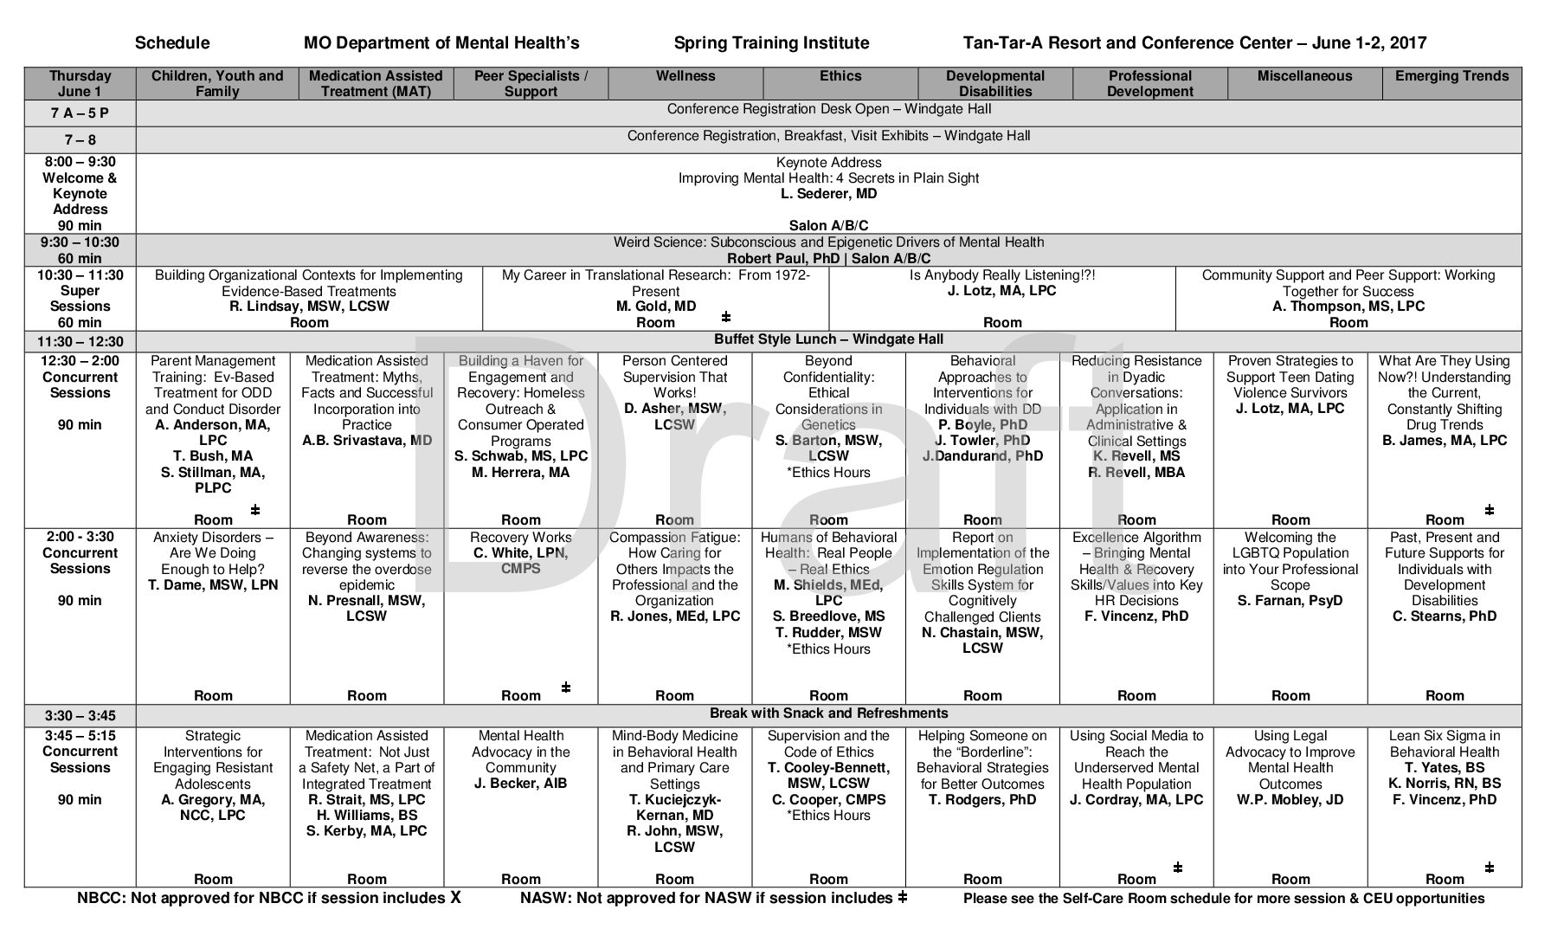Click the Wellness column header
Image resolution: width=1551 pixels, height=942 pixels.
685,76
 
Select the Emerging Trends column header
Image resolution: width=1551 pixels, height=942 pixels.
1451,76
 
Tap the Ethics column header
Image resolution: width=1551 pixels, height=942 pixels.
840,76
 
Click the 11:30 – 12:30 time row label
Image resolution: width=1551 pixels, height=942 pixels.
80,342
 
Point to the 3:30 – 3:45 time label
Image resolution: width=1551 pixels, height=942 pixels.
80,716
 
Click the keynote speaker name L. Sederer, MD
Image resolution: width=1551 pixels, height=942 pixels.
828,194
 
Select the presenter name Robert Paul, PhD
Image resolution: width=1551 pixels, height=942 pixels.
773,259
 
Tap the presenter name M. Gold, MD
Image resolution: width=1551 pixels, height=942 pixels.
655,306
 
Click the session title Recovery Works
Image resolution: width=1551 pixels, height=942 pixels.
521,538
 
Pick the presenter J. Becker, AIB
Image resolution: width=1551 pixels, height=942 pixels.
521,784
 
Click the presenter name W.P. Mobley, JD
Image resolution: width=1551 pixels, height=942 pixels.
1290,799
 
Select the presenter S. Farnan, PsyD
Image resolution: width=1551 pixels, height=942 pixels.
1290,601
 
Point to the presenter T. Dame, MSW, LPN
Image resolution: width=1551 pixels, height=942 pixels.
213,585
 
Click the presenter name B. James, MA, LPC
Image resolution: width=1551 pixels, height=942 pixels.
1445,441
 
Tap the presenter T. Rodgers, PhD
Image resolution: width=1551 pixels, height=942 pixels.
982,799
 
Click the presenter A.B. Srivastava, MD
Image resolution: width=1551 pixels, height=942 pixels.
367,441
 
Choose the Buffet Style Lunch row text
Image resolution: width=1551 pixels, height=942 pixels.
828,339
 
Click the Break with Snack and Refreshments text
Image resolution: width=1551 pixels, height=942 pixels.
828,713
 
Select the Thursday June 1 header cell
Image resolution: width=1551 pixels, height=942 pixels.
80,84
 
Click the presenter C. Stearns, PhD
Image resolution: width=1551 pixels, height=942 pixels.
1445,616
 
